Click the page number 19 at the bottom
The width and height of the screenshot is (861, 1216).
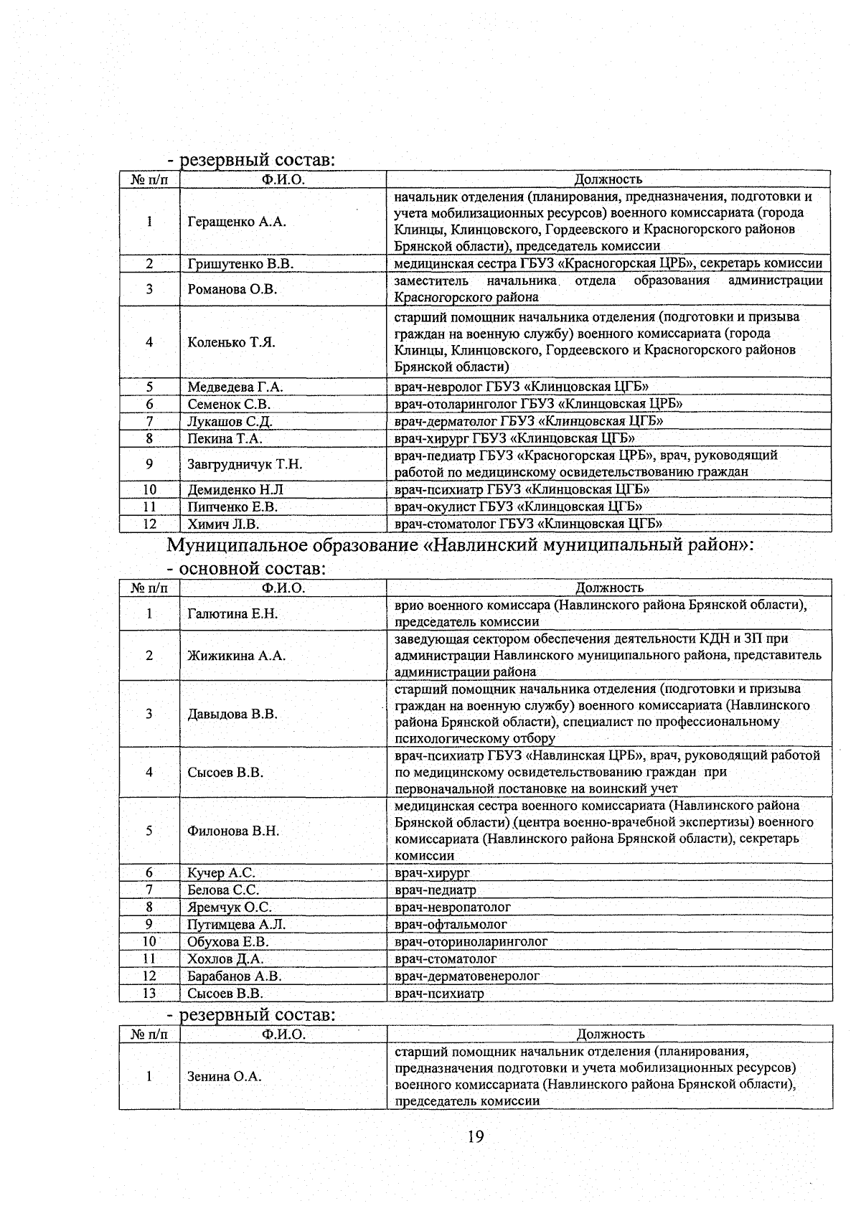[474, 1136]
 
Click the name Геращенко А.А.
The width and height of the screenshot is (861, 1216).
[237, 222]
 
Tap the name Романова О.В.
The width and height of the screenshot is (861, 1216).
[232, 289]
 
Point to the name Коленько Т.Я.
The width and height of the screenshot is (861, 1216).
[231, 342]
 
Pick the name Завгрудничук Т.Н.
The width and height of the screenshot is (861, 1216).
[245, 464]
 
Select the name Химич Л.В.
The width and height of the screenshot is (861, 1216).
[223, 524]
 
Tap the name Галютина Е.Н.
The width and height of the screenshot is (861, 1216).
[232, 614]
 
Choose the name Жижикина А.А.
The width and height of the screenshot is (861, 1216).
[236, 656]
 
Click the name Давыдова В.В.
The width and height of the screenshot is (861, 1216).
[232, 715]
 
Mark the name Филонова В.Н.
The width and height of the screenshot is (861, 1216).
[233, 831]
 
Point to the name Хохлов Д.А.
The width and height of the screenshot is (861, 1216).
[225, 959]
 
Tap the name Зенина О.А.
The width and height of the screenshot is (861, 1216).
[225, 1077]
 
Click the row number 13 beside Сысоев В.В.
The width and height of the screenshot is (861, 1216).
[149, 994]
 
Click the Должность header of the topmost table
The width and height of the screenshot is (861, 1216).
[608, 179]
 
